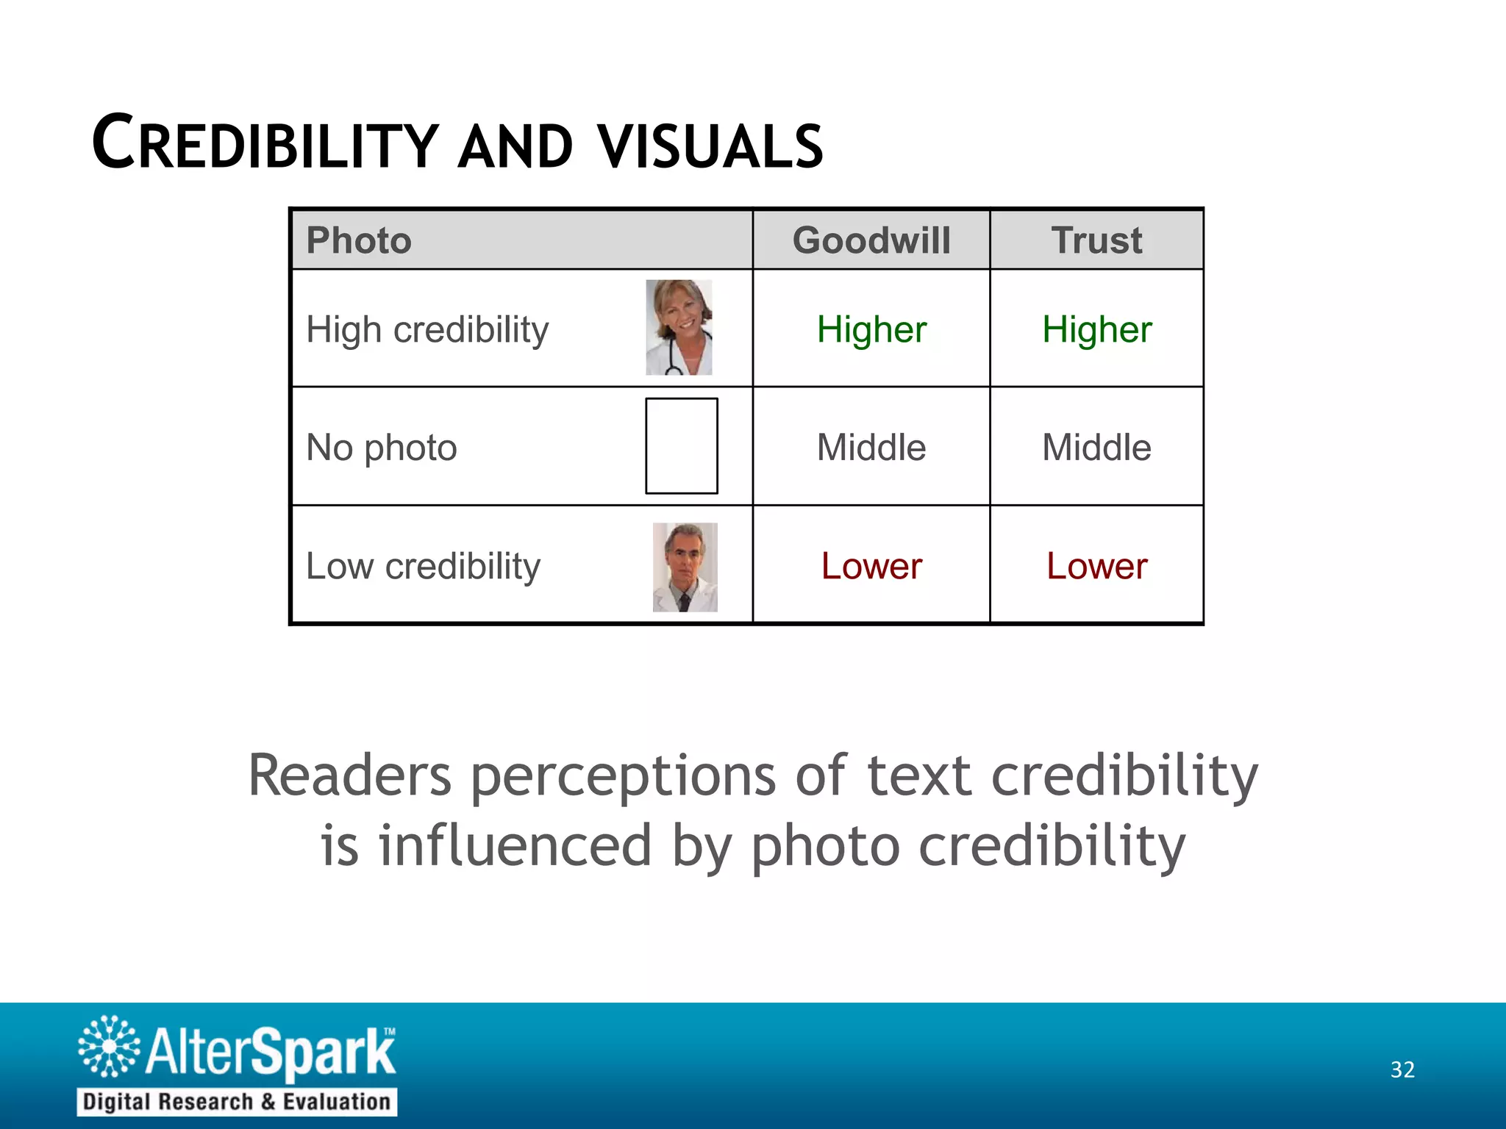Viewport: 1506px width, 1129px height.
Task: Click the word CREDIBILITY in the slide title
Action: click(265, 143)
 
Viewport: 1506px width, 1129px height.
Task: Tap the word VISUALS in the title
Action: click(710, 146)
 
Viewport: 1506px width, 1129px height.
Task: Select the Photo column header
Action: click(359, 240)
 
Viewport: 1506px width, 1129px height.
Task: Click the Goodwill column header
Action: click(871, 240)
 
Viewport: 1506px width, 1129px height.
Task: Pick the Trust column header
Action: click(1096, 240)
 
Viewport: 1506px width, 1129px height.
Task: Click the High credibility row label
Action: click(427, 329)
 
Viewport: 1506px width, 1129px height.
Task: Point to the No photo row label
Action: click(382, 447)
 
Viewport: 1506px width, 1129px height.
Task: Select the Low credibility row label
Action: click(423, 566)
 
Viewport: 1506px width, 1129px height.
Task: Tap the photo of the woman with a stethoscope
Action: click(679, 327)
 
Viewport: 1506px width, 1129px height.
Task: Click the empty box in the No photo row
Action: click(682, 445)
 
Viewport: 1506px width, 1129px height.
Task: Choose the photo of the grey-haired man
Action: click(685, 567)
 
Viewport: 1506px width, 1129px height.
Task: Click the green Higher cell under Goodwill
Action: click(871, 329)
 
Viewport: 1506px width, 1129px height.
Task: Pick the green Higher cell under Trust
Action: click(1096, 329)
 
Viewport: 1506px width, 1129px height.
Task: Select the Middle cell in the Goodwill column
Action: click(871, 447)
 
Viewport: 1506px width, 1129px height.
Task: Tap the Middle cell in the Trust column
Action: click(1096, 447)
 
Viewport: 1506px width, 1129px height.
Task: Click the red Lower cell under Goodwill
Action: click(871, 566)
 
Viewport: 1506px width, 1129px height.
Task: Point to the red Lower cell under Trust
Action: click(1096, 566)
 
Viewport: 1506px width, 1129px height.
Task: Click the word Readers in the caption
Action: click(349, 775)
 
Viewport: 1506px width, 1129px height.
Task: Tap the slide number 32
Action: click(1402, 1069)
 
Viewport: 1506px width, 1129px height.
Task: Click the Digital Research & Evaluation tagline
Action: click(237, 1102)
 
